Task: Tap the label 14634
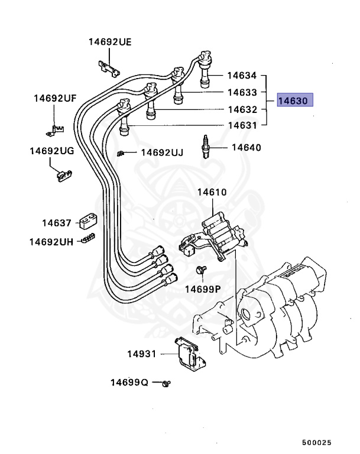(x=242, y=76)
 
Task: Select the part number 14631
(x=242, y=125)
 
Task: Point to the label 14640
(x=246, y=147)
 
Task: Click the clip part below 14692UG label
(x=63, y=175)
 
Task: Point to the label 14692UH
(x=51, y=241)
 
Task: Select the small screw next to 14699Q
(x=167, y=383)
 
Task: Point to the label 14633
(x=242, y=93)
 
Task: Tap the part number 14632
(x=242, y=109)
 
